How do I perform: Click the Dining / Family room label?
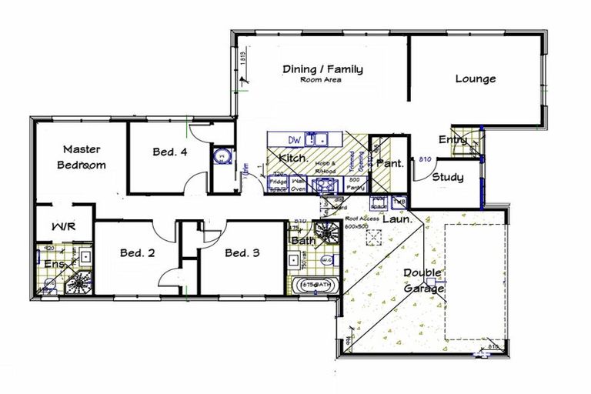tap(322, 70)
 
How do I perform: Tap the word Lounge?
tap(475, 78)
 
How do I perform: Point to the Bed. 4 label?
tap(170, 152)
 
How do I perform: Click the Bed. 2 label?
tap(138, 252)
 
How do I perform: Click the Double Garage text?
tap(422, 281)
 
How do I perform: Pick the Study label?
tap(447, 178)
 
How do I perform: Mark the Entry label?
tap(452, 139)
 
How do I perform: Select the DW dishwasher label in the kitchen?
tap(294, 139)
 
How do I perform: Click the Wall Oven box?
tap(299, 183)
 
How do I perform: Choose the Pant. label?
tap(386, 163)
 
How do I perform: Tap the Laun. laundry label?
tap(399, 219)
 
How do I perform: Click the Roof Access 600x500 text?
tap(359, 222)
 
